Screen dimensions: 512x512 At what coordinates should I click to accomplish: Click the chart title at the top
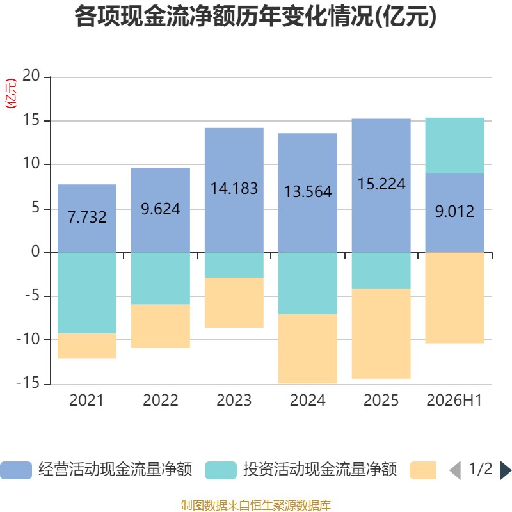tap(255, 17)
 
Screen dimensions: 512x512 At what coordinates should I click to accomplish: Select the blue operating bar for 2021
tap(87, 218)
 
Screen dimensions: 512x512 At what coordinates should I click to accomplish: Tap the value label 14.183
tap(234, 188)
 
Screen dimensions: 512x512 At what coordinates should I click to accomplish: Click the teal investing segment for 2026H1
tap(454, 145)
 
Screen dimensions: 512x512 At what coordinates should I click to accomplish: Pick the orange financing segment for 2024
tap(308, 349)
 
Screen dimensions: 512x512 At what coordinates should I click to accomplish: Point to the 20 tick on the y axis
tap(31, 76)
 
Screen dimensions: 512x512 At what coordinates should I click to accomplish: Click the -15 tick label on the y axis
tap(28, 383)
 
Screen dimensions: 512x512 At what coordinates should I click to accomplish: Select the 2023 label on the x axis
tap(234, 401)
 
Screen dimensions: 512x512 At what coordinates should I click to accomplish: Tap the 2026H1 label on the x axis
tap(454, 401)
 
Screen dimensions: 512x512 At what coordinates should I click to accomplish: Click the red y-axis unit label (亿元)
tap(11, 93)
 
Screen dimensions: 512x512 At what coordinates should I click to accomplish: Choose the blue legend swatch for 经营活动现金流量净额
tap(15, 470)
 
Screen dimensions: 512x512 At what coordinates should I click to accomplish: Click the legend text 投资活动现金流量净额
tap(319, 470)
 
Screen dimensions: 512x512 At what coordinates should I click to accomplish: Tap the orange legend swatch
tap(423, 470)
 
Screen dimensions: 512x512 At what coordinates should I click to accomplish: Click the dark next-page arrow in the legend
tap(506, 470)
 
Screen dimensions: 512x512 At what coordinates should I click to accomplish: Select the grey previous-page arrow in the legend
tap(456, 470)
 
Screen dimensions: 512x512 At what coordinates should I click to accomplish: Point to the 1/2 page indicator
tap(481, 469)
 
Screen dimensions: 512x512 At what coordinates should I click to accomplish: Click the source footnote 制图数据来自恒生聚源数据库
tap(255, 505)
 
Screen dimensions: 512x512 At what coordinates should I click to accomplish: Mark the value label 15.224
tap(381, 184)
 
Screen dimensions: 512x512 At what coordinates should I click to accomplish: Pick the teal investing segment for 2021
tap(87, 293)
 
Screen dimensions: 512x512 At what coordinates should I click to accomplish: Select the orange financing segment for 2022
tap(161, 326)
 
